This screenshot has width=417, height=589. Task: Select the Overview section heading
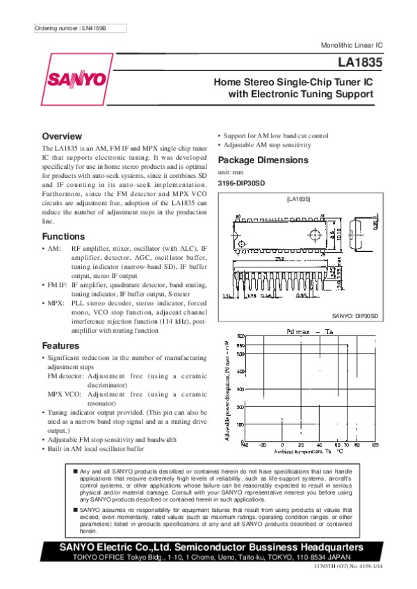pyautogui.click(x=62, y=136)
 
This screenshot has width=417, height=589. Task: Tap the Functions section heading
pyautogui.click(x=63, y=237)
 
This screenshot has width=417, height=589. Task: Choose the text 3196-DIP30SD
pyautogui.click(x=241, y=183)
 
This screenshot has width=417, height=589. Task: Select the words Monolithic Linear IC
pyautogui.click(x=351, y=44)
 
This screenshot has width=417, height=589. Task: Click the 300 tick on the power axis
pyautogui.click(x=240, y=389)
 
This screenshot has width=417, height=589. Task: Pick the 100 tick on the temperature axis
pyautogui.click(x=375, y=445)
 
